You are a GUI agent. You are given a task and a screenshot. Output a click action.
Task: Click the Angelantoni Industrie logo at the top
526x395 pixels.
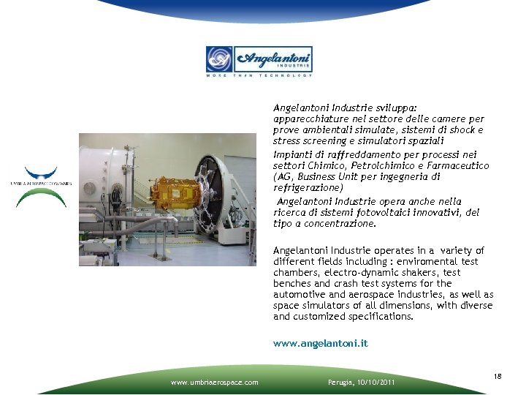[x=259, y=59]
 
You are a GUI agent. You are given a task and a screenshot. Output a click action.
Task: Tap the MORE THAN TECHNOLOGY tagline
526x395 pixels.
[x=259, y=75]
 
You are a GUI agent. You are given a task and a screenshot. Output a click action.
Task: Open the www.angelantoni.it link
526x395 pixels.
[x=321, y=342]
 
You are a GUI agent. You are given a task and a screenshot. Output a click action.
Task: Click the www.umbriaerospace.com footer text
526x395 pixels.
[x=214, y=382]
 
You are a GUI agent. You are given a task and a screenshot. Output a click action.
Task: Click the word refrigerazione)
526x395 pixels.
[x=304, y=188]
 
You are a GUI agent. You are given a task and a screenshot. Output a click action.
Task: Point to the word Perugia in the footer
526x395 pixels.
[x=338, y=382]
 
